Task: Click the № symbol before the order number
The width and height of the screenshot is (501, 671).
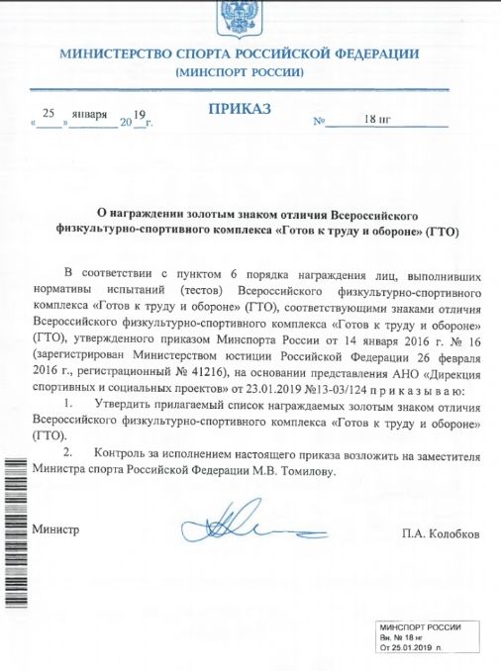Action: click(319, 123)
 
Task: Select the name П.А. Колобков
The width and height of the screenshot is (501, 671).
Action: click(443, 533)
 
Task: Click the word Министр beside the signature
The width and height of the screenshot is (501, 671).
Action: click(56, 529)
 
